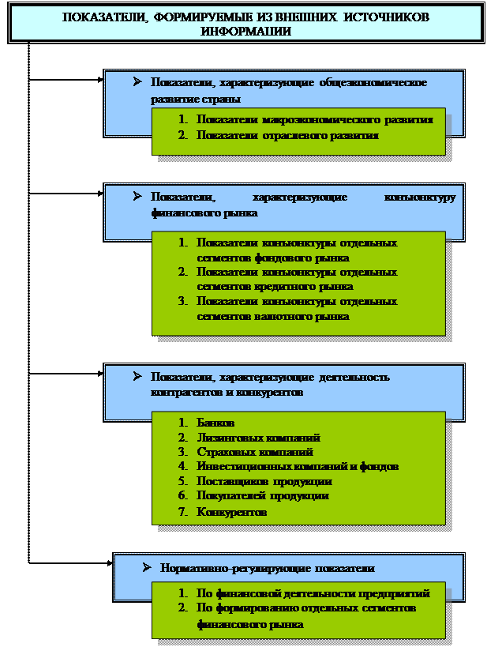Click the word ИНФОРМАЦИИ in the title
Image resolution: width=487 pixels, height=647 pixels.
click(x=245, y=32)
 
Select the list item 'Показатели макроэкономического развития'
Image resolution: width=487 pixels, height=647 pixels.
click(x=314, y=120)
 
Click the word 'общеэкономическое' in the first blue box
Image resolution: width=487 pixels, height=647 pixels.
click(x=377, y=83)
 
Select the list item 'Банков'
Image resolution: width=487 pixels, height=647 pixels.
click(x=215, y=423)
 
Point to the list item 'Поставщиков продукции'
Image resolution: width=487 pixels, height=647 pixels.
click(x=264, y=480)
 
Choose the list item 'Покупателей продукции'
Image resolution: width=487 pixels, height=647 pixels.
click(x=262, y=495)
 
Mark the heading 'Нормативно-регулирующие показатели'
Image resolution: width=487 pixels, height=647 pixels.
click(x=267, y=568)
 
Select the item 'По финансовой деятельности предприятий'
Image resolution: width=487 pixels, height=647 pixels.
click(x=313, y=593)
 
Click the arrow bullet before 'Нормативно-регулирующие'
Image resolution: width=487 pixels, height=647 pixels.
click(x=146, y=567)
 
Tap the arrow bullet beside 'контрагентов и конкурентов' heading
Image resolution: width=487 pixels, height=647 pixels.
click(x=137, y=376)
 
